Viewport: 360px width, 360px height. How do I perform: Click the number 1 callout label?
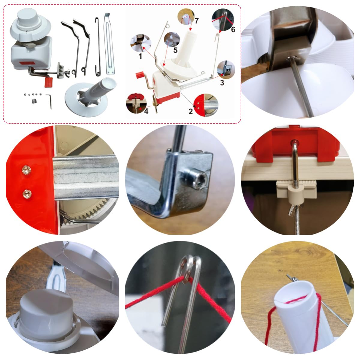pyautogui.click(x=140, y=56)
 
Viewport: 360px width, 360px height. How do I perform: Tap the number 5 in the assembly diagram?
pyautogui.click(x=175, y=50)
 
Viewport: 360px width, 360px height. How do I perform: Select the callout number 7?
pyautogui.click(x=196, y=21)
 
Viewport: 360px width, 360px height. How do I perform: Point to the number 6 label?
pyautogui.click(x=233, y=29)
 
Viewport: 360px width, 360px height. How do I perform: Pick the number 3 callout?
pyautogui.click(x=222, y=83)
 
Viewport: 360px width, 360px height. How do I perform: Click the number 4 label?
pyautogui.click(x=146, y=111)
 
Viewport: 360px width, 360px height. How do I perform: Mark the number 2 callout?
pyautogui.click(x=190, y=112)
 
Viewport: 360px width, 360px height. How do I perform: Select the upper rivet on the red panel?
pyautogui.click(x=26, y=169)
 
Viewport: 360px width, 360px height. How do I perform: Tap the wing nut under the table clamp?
pyautogui.click(x=294, y=209)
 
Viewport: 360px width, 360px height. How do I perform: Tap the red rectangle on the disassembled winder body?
pyautogui.click(x=26, y=62)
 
